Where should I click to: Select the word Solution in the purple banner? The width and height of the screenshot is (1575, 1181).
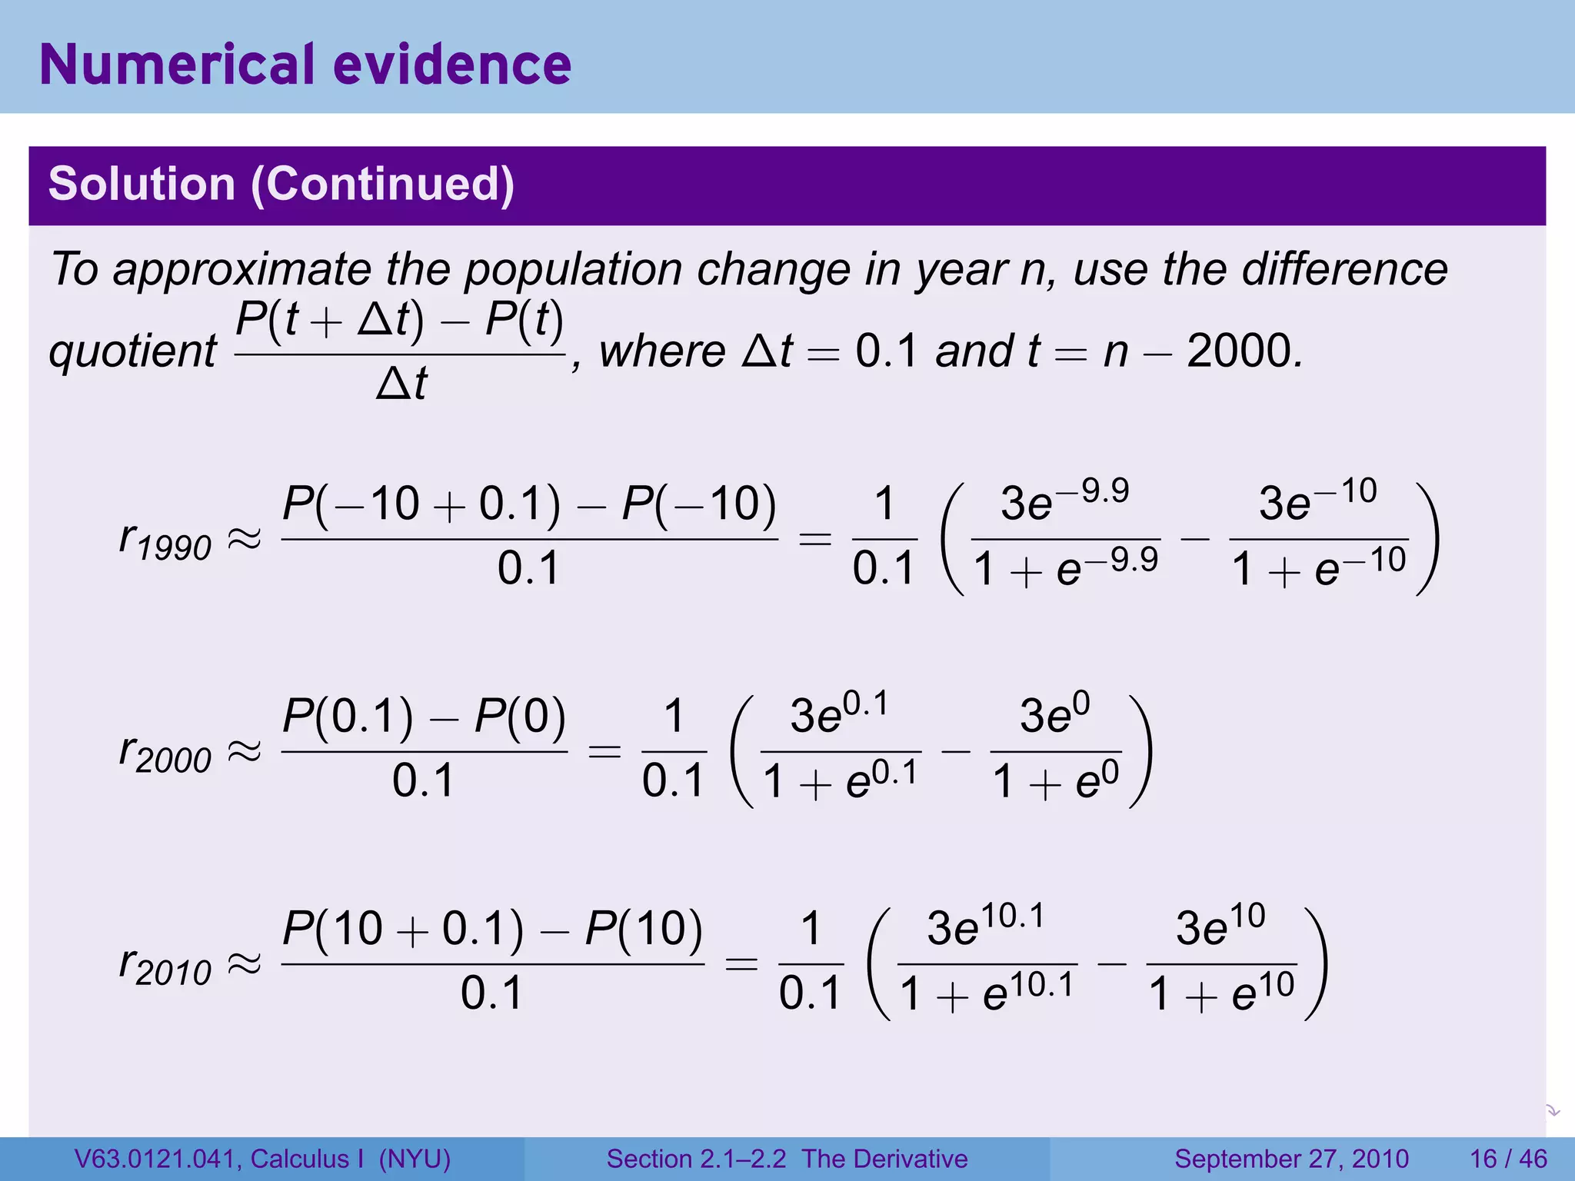[x=142, y=185]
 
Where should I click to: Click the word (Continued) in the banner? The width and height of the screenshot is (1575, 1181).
[x=382, y=185]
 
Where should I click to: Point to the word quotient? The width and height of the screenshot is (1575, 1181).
[x=133, y=351]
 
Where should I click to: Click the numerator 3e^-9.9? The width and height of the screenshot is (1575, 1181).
[x=1065, y=501]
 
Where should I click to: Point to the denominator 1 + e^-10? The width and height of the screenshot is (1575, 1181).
[x=1320, y=569]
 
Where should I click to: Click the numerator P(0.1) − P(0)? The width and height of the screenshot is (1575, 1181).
[x=424, y=717]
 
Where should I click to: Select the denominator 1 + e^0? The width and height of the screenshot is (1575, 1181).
[x=1056, y=782]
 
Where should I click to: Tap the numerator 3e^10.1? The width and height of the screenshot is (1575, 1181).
[x=987, y=927]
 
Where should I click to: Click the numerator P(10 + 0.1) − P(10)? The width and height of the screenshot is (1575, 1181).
[x=492, y=929]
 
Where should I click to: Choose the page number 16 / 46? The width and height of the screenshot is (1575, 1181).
[x=1508, y=1159]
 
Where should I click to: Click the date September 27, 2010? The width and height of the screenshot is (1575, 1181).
[x=1291, y=1159]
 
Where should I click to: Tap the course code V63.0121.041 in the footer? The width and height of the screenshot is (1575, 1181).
[x=156, y=1159]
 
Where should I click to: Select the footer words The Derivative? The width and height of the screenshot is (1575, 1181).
[x=884, y=1159]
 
